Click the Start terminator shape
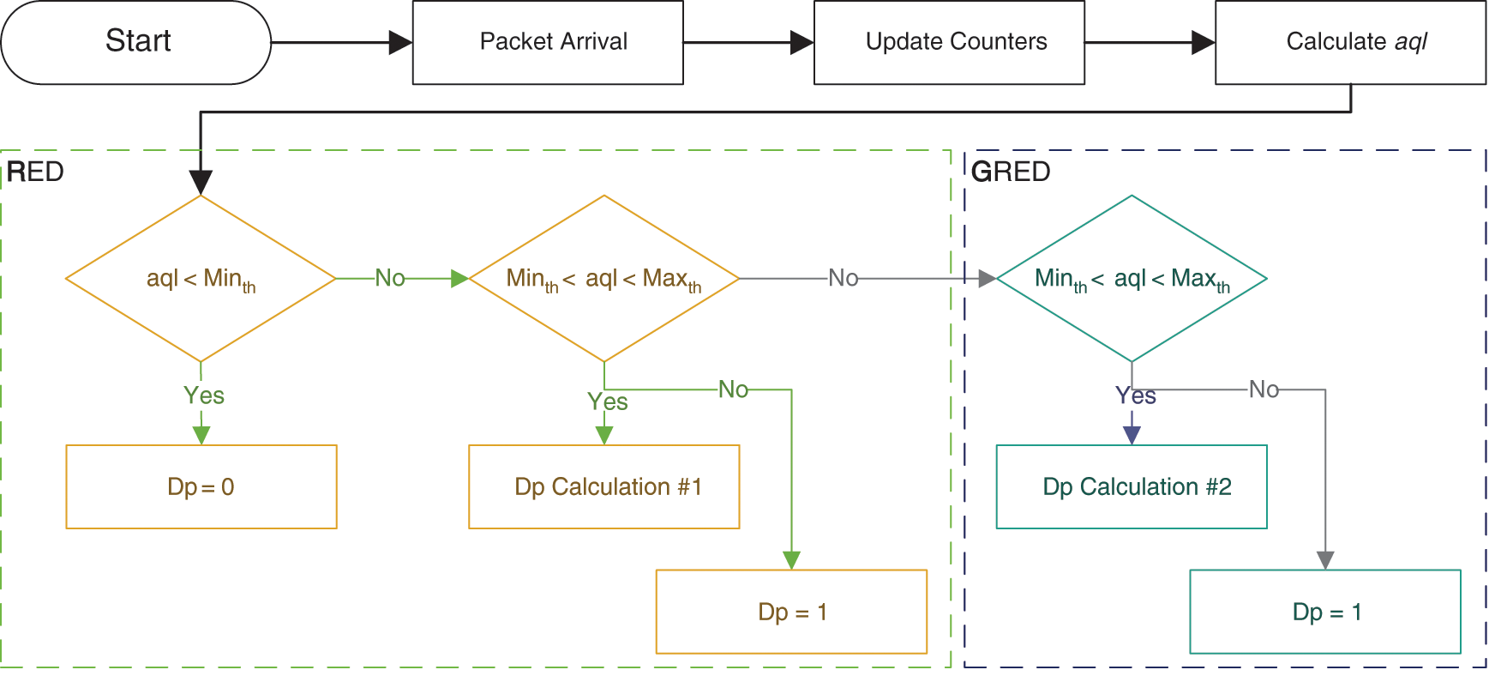click(136, 42)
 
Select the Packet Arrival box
click(548, 42)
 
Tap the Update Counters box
click(949, 42)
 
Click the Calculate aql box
click(1350, 42)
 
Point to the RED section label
click(35, 172)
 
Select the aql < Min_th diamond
click(201, 279)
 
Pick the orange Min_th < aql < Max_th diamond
click(604, 279)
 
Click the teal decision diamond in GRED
click(1132, 279)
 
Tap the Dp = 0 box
click(201, 486)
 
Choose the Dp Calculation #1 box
click(604, 486)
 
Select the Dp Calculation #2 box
click(1132, 486)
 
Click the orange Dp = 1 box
click(791, 612)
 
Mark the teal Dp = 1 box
click(1325, 612)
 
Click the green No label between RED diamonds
click(390, 278)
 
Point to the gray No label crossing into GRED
click(844, 278)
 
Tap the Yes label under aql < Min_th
click(204, 395)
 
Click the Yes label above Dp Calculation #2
click(1136, 395)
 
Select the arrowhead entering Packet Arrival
click(400, 42)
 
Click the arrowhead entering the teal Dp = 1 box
click(1325, 560)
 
